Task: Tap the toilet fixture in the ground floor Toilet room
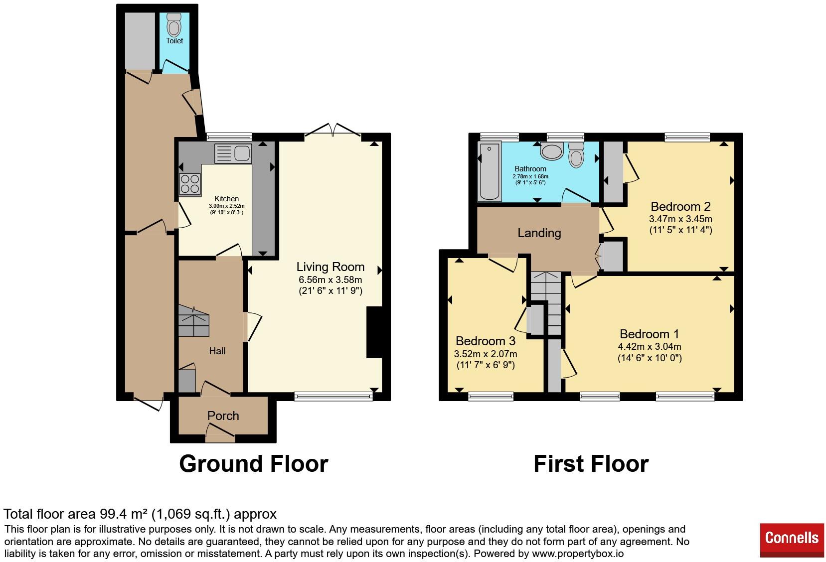[x=173, y=25]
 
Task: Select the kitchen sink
[x=233, y=153]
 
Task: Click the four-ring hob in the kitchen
[x=190, y=184]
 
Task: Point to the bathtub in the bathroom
[x=490, y=171]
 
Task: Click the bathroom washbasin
[x=552, y=151]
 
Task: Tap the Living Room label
[x=330, y=267]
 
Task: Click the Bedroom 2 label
[x=680, y=206]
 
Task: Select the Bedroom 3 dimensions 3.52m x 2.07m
[x=485, y=354]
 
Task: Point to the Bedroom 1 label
[x=650, y=334]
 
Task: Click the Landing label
[x=539, y=233]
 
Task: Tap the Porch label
[x=223, y=416]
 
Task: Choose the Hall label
[x=217, y=351]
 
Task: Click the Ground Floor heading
[x=254, y=464]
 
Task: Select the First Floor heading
[x=591, y=464]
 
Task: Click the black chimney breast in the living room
[x=374, y=332]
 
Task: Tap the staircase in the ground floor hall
[x=194, y=321]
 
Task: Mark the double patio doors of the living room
[x=333, y=130]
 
